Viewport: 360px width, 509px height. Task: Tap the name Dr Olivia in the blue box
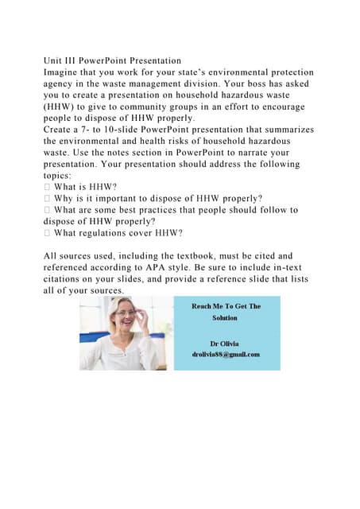tap(225, 344)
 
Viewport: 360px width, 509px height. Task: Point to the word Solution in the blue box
tap(225, 317)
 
